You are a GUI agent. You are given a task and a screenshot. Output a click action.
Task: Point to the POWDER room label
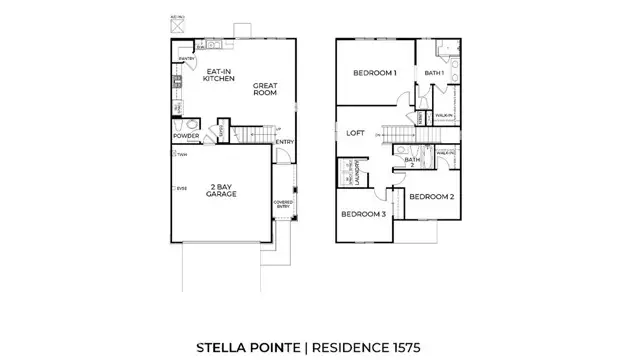coord(185,135)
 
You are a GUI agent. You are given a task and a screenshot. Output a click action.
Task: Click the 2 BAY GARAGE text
coord(220,190)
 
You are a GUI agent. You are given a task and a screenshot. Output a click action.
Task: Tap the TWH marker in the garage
coord(179,155)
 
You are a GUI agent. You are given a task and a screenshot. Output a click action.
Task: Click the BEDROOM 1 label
coord(376,73)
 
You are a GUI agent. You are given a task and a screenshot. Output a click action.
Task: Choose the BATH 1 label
coord(434,73)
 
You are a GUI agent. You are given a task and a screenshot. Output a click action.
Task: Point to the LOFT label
coord(355,131)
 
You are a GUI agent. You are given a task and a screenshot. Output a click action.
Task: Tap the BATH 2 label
coord(411,161)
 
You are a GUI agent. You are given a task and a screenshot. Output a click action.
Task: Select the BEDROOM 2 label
coord(431,197)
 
